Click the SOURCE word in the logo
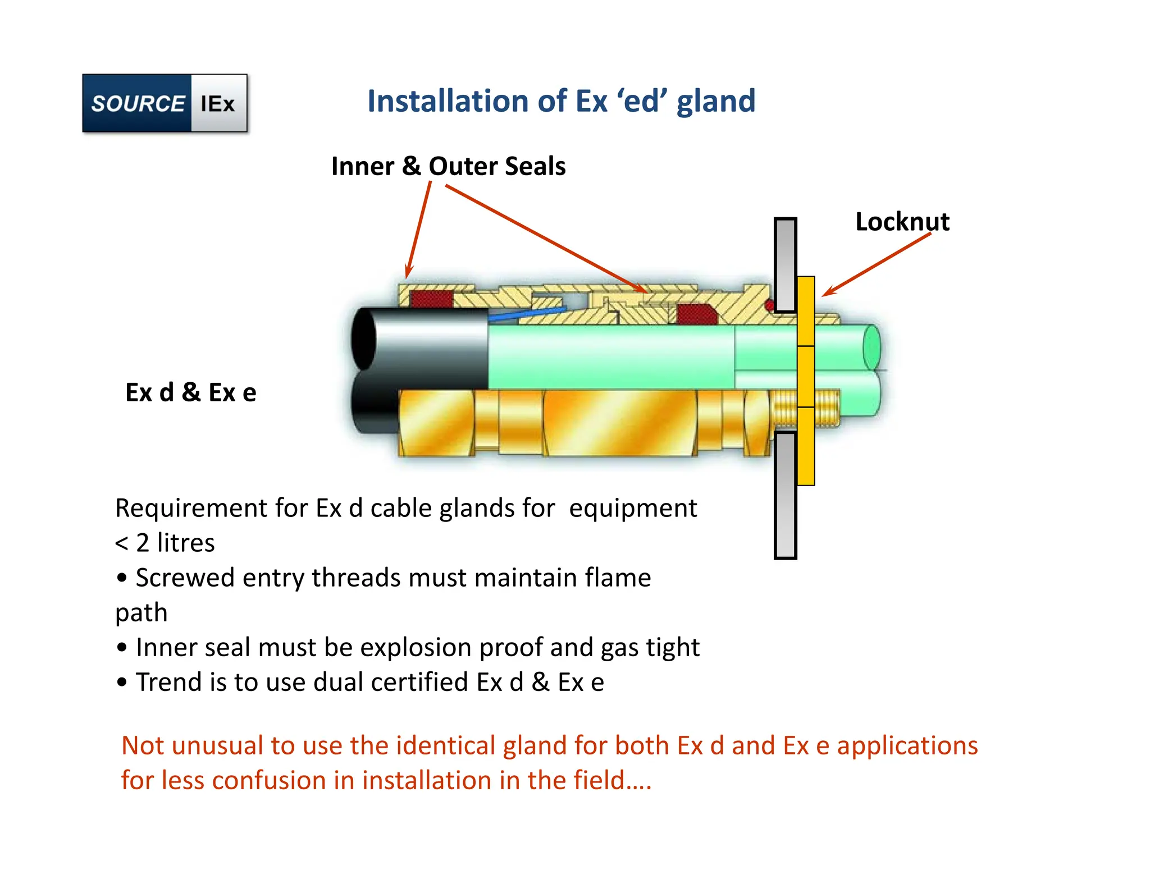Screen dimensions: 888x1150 tap(138, 103)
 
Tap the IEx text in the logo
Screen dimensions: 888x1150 tap(218, 104)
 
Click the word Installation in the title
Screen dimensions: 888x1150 tap(447, 101)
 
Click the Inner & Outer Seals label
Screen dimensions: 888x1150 tap(448, 166)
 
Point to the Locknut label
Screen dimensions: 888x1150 tap(902, 222)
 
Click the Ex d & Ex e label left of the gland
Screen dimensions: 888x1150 tap(190, 392)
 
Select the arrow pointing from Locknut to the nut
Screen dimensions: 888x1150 tap(876, 264)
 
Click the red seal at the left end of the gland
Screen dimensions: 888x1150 tap(431, 299)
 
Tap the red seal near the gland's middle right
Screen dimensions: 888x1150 tap(696, 314)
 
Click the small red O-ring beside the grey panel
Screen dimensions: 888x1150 tap(770, 305)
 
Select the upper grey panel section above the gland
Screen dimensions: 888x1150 tap(785, 264)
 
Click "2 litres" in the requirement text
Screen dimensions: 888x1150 tap(175, 543)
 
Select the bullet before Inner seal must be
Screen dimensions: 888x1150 tap(122, 648)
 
